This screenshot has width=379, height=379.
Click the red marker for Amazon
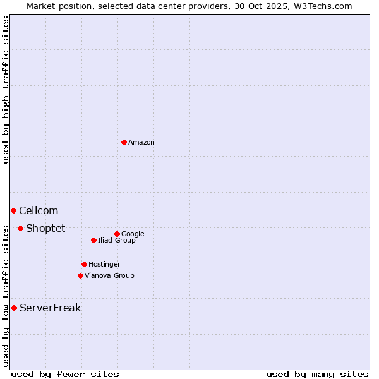124,142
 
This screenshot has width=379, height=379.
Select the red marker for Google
117,234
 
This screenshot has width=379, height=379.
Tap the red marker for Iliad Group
93,240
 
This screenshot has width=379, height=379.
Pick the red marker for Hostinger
84,264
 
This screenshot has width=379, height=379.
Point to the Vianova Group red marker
80,275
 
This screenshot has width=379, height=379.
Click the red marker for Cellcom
13,210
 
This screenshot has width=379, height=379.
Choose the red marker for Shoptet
20,228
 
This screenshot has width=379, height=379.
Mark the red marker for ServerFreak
14,308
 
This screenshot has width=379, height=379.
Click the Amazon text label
141,143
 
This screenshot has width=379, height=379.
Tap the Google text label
133,234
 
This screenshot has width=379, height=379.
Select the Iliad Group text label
117,240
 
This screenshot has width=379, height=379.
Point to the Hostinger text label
104,264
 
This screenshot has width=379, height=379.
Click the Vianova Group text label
109,275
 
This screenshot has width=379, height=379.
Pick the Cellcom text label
39,211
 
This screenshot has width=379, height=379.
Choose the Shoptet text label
45,229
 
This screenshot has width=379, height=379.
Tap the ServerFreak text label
50,308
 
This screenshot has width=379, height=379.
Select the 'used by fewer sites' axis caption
65,374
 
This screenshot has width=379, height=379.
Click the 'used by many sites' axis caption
317,374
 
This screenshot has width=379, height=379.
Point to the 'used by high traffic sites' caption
6,90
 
